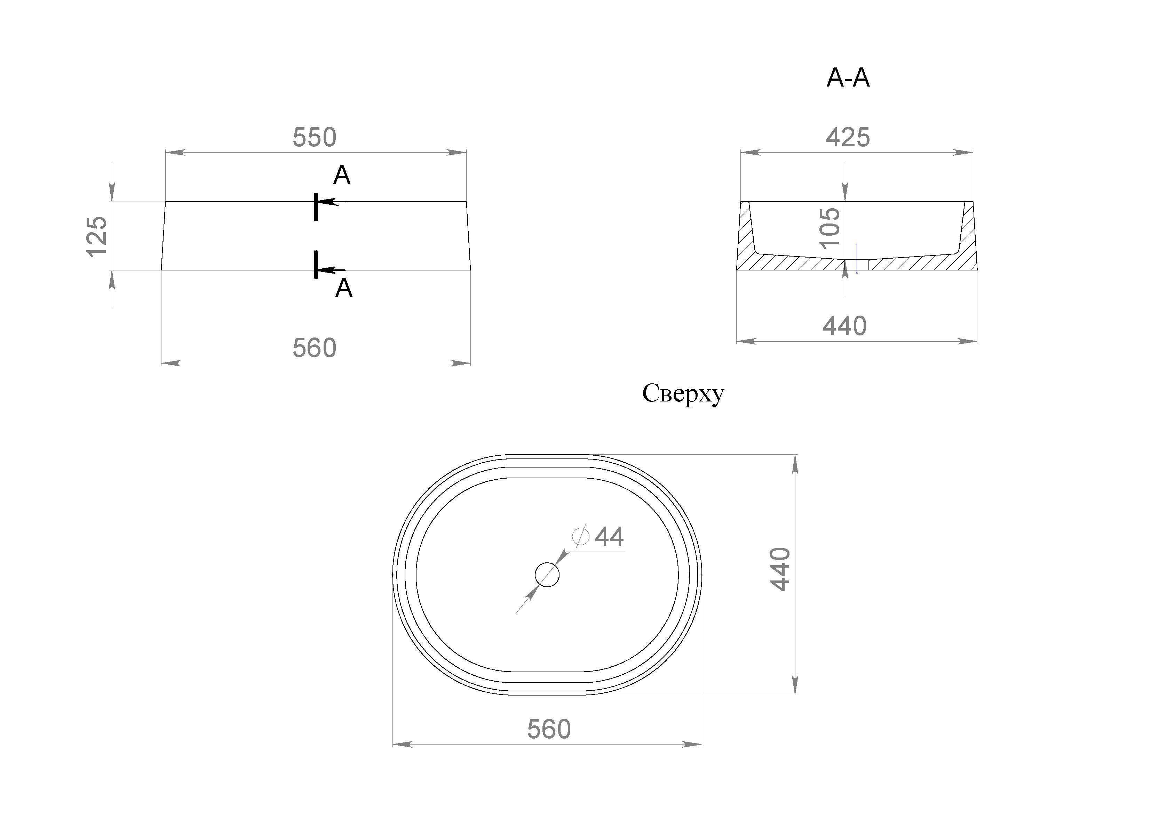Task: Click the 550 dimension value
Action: [314, 137]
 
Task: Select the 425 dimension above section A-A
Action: [848, 137]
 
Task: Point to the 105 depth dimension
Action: [829, 228]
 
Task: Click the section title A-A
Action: [848, 78]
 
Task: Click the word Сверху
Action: [683, 394]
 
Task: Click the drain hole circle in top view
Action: [547, 575]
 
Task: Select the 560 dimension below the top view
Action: [549, 730]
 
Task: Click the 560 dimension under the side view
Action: [314, 348]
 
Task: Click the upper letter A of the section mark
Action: [341, 175]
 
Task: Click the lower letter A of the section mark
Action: [343, 288]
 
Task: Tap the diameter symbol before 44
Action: [580, 536]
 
